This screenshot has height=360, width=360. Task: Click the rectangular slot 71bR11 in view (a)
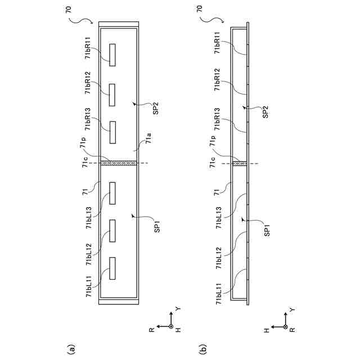pos(112,55)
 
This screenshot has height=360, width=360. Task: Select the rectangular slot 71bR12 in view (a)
pos(112,94)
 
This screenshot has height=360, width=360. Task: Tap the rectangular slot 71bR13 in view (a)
pos(112,131)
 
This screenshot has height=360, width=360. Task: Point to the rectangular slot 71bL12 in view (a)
pos(112,230)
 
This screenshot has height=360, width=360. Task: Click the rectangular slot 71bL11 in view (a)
pos(112,268)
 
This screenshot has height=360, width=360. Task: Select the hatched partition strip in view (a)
pos(118,164)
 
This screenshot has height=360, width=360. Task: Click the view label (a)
pos(70,349)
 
